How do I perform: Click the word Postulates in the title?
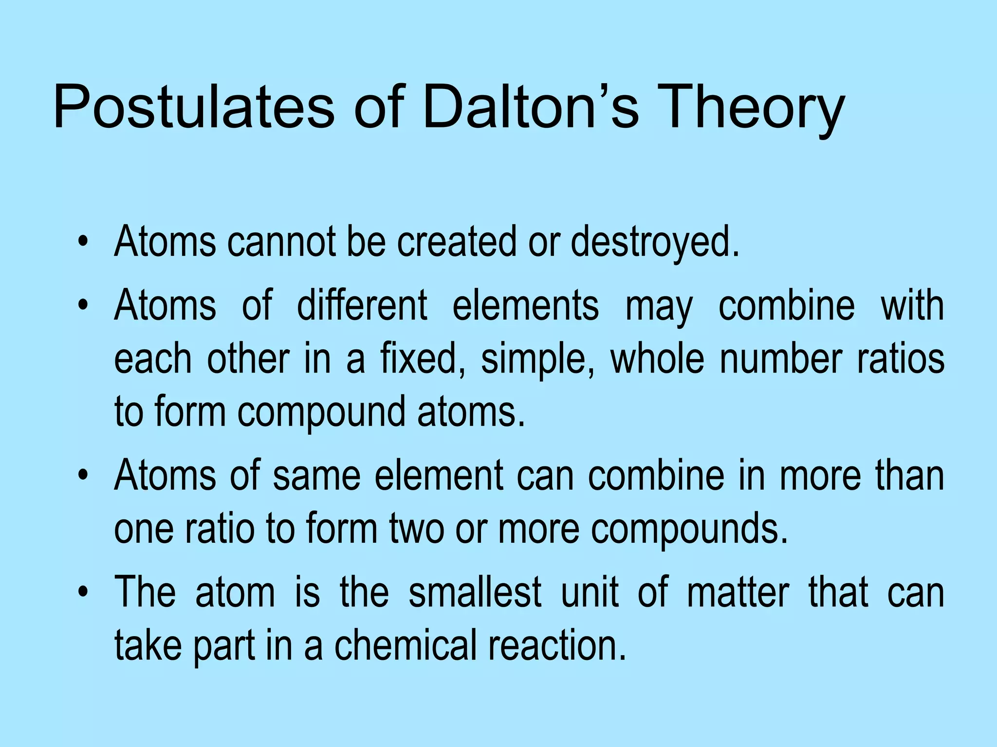[194, 107]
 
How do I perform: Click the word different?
[362, 305]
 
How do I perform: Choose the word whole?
[657, 359]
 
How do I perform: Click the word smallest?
[475, 592]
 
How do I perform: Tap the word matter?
[738, 592]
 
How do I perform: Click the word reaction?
[557, 645]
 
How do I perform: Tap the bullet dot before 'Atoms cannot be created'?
[84, 242]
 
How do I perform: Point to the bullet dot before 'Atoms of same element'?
[84, 475]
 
